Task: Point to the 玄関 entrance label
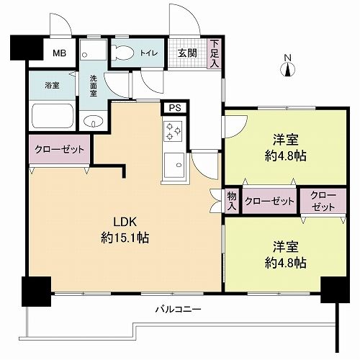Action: point(187,53)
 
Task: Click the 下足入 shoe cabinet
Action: point(214,53)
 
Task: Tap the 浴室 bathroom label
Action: point(51,85)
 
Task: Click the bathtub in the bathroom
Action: point(51,114)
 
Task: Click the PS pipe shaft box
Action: point(173,109)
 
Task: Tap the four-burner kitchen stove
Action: point(174,132)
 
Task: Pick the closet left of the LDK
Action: point(58,150)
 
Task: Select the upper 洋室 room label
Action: point(286,138)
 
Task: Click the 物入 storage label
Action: point(232,201)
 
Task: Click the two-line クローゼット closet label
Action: point(318,201)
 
